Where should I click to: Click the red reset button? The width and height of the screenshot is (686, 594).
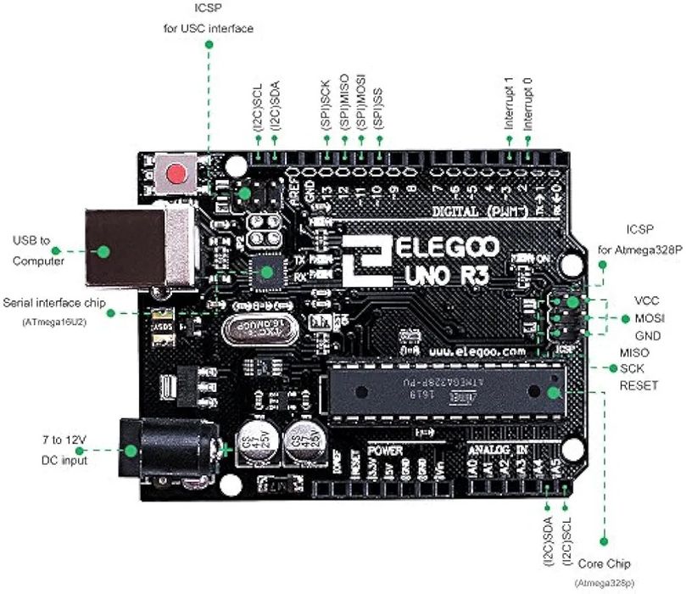click(x=176, y=175)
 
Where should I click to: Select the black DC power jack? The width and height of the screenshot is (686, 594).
click(x=165, y=451)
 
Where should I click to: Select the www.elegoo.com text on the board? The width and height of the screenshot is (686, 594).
click(x=477, y=350)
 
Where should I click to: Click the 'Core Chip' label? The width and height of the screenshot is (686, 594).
click(x=605, y=563)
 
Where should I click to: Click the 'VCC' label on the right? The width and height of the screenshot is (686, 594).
click(x=647, y=301)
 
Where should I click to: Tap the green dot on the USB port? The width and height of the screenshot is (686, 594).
click(x=103, y=251)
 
